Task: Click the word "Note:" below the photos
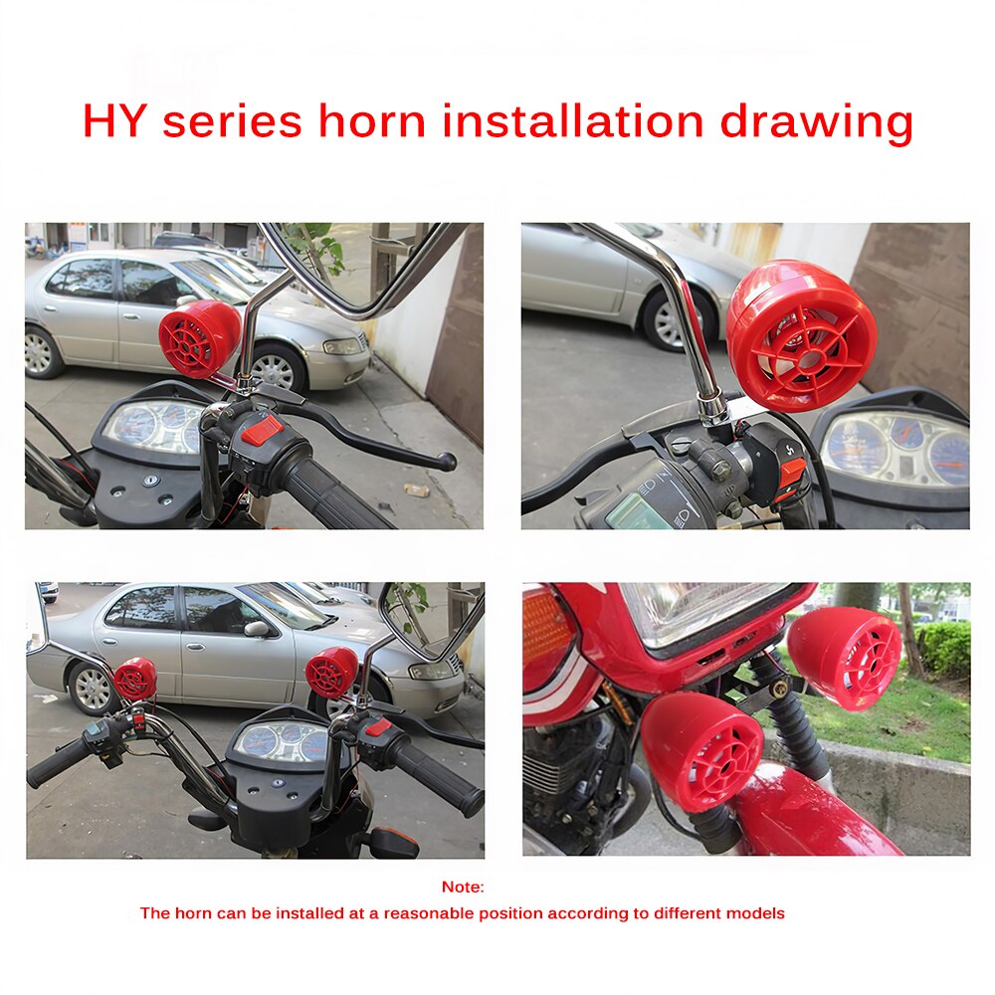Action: pos(463,887)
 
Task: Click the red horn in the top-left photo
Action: pos(199,338)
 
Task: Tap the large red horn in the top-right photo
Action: pos(801,335)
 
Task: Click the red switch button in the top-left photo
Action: pos(262,430)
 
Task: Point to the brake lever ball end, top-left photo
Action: pos(448,462)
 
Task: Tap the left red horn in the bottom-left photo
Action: pos(134,679)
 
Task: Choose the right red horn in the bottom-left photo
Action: pos(331,673)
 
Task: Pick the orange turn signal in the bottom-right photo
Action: pos(547,638)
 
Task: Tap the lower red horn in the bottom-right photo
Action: pos(701,750)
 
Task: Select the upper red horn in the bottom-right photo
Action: pos(846,656)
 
